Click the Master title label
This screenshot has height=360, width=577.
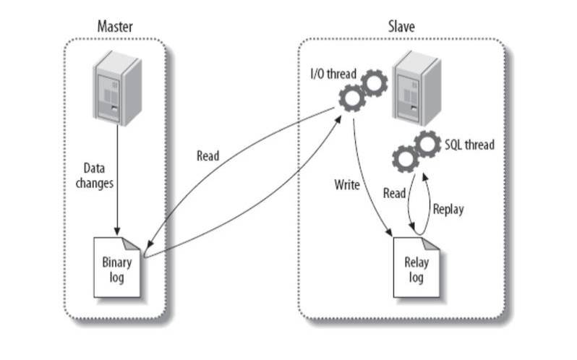pyautogui.click(x=115, y=27)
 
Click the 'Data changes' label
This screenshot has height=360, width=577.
pyautogui.click(x=94, y=175)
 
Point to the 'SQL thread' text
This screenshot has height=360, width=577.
pyautogui.click(x=469, y=145)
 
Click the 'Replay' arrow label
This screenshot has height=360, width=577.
pyautogui.click(x=448, y=209)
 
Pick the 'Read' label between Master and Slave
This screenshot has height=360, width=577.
pyautogui.click(x=208, y=155)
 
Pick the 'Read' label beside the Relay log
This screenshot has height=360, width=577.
pyautogui.click(x=394, y=194)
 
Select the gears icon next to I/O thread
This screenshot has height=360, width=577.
pyautogui.click(x=364, y=90)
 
